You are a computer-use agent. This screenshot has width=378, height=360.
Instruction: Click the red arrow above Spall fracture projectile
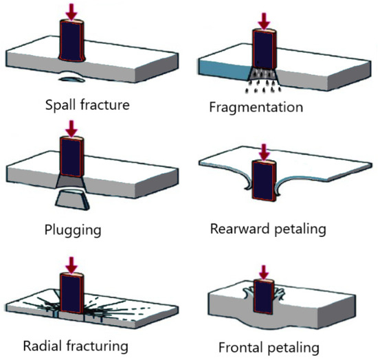pos(71,12)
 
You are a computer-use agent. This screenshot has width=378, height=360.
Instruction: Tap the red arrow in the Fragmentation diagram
pos(264,21)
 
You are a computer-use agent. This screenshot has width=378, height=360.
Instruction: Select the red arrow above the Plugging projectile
pos(71,129)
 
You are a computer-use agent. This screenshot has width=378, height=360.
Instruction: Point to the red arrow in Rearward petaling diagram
pos(265,152)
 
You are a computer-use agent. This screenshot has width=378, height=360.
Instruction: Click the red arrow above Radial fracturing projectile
pos(72,265)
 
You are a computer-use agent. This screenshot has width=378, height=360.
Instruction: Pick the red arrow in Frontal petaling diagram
pos(264,273)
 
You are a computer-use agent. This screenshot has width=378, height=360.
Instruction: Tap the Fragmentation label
pos(256,107)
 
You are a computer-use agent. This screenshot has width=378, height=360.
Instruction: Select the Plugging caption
pos(73,230)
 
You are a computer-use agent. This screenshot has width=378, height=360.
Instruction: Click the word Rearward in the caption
pos(239,229)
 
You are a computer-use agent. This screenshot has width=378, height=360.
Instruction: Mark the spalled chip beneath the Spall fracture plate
pos(72,79)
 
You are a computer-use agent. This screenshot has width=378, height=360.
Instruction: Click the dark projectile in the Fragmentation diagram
pos(264,49)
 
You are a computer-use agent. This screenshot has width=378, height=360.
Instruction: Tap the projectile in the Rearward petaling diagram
pos(264,181)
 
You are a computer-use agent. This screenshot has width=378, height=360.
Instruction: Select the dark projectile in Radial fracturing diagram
pos(72,293)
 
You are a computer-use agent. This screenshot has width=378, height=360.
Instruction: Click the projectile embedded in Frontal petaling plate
pos(264,297)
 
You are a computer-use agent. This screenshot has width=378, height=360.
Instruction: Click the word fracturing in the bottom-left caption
pos(97,346)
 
